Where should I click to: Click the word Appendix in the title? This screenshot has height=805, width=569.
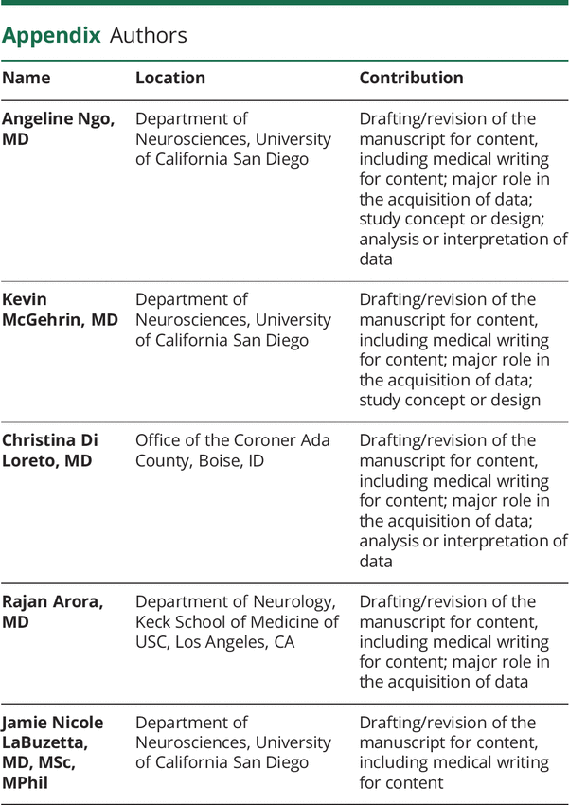point(51,37)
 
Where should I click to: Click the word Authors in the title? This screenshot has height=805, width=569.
point(149,37)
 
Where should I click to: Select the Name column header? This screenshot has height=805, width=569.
point(27,79)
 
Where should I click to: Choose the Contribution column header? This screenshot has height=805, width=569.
point(411,79)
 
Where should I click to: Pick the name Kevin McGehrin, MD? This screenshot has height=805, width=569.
point(59,310)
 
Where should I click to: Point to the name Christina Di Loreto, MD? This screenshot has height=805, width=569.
point(49,451)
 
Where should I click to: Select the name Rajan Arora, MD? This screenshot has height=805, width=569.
point(50,612)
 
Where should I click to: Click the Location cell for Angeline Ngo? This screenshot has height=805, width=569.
point(233,139)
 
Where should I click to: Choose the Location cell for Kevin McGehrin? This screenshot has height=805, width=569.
point(233,320)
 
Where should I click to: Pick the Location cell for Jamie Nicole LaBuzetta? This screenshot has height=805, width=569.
point(233,742)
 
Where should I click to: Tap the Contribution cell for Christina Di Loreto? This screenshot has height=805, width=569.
point(463,501)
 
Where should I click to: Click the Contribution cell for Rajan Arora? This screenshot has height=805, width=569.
point(453,641)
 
